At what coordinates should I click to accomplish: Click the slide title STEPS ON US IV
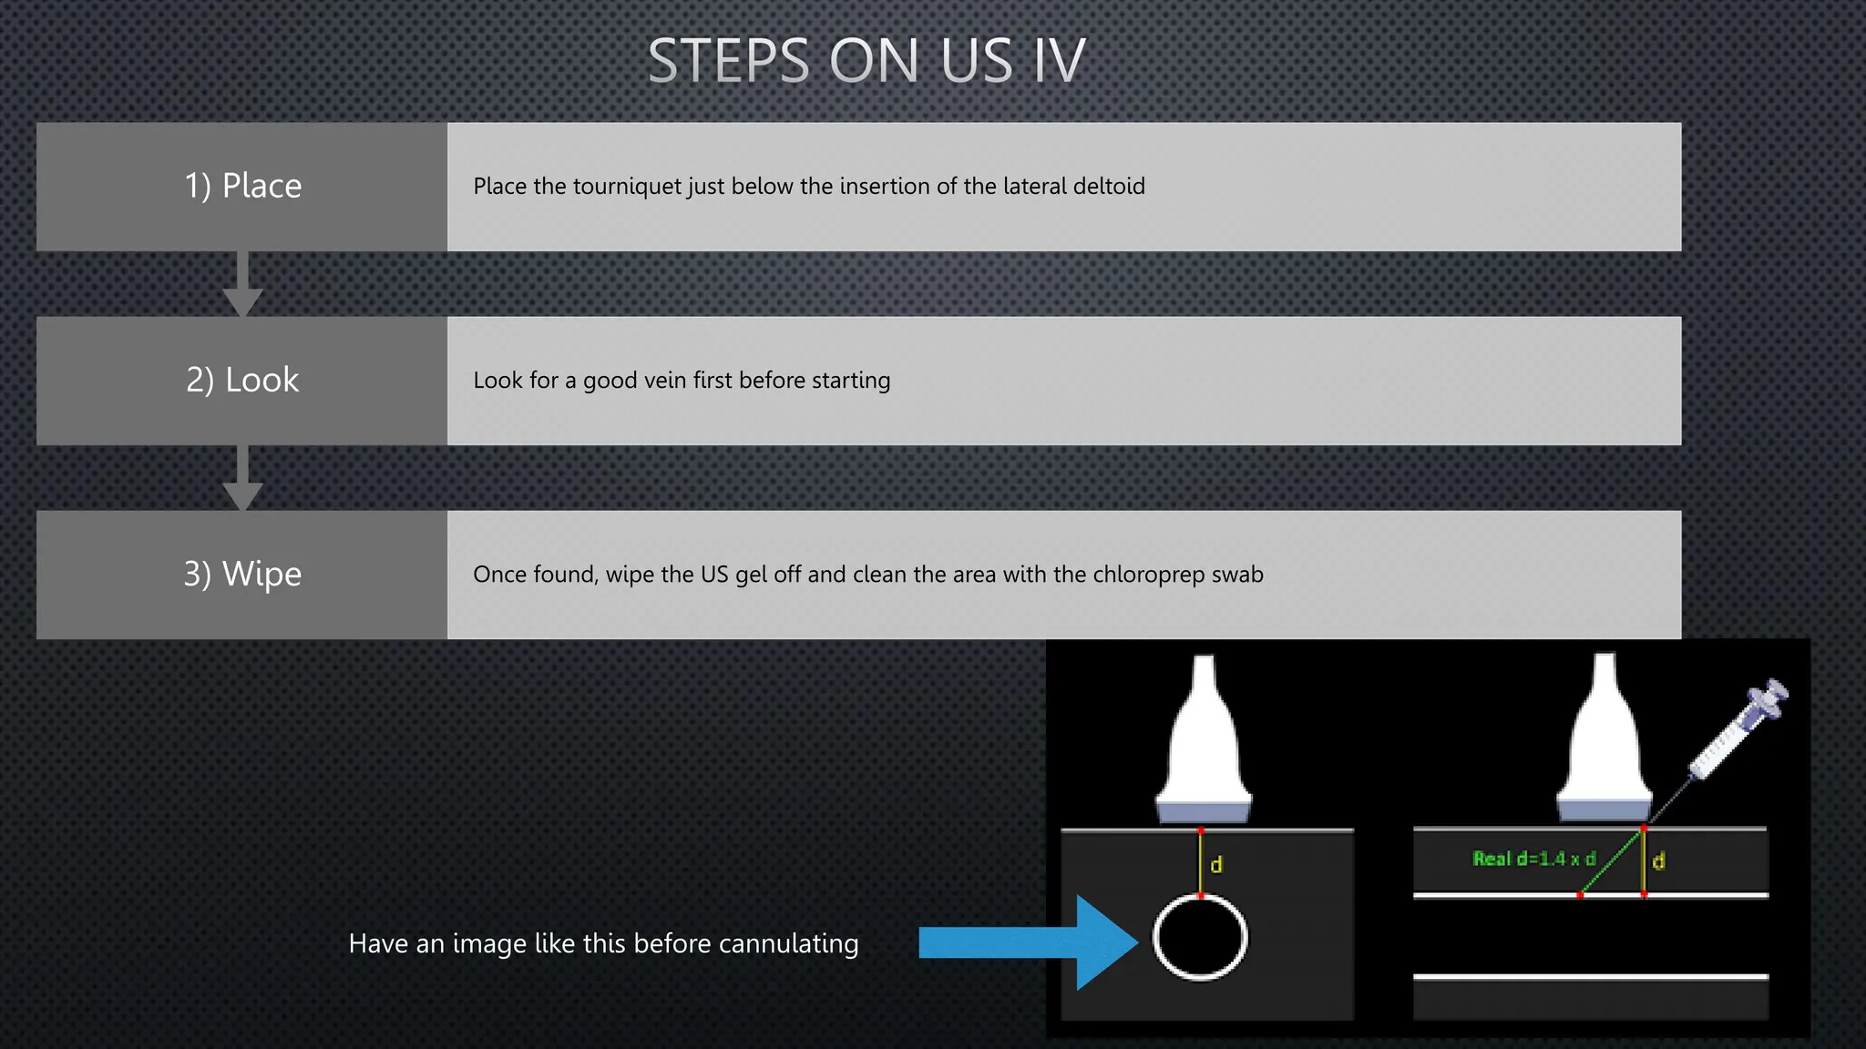point(866,61)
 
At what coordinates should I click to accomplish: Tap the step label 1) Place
point(242,186)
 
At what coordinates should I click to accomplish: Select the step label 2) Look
point(242,380)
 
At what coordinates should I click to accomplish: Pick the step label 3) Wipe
point(242,574)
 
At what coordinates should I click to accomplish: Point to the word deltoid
point(1109,187)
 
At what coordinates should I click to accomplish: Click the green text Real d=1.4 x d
point(1533,859)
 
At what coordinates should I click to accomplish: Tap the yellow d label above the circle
point(1216,864)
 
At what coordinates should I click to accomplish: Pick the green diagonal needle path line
point(1611,861)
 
